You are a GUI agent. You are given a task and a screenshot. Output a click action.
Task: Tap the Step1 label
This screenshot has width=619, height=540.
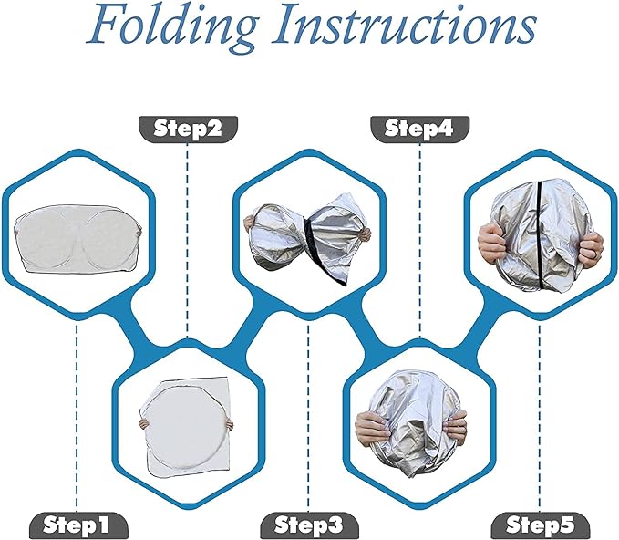click(x=78, y=525)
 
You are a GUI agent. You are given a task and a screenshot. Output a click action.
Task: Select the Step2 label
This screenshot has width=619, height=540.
click(x=188, y=129)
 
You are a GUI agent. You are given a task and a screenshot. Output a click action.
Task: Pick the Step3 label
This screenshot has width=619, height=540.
click(x=310, y=525)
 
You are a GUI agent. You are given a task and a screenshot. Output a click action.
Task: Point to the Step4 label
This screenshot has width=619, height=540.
click(x=419, y=129)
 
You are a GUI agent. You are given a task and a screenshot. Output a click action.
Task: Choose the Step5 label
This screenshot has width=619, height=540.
click(x=541, y=525)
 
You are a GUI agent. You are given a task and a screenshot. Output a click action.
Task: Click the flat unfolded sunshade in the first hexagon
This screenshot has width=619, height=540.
click(x=77, y=238)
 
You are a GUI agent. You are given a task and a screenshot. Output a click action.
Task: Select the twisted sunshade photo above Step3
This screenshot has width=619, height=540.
click(x=308, y=239)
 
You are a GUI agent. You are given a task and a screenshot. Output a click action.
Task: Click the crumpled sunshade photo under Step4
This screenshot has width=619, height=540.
click(x=411, y=424)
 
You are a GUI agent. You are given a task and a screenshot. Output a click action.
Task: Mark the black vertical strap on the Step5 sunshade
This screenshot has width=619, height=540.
click(x=540, y=234)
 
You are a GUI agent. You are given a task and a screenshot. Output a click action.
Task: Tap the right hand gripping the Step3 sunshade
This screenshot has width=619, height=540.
click(x=364, y=234)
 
